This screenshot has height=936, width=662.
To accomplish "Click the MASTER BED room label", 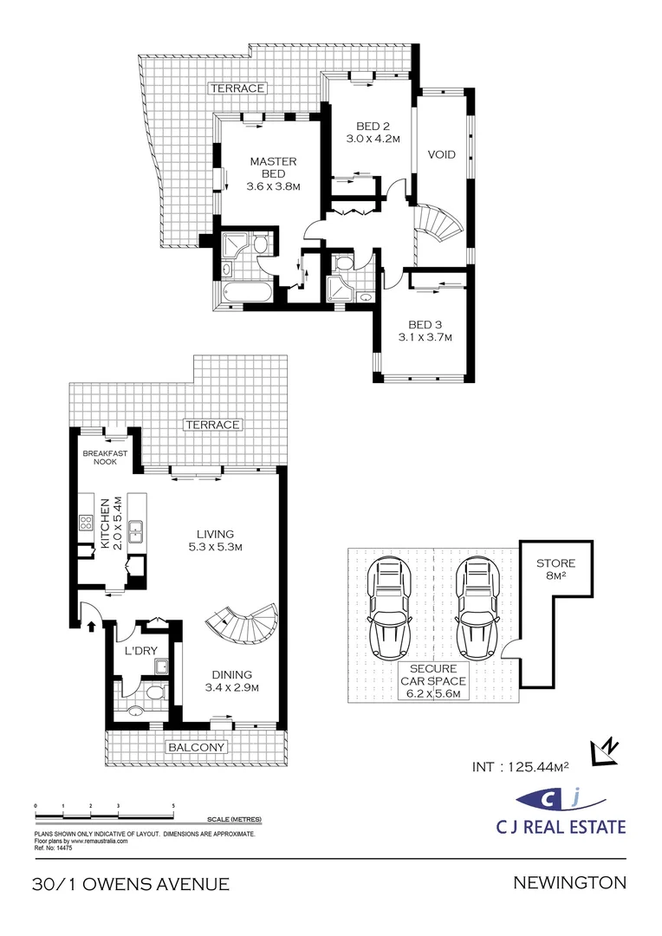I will (273, 167).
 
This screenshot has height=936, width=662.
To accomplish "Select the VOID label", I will (442, 155).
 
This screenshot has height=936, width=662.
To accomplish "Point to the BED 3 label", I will (425, 325).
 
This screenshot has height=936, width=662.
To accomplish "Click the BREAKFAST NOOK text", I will (104, 457).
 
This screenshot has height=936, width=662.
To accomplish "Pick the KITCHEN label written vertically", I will (106, 523).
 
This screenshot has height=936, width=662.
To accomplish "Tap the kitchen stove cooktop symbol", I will (87, 523).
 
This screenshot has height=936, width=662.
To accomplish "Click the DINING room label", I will (230, 675).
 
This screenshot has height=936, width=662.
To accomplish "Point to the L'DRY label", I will (139, 650).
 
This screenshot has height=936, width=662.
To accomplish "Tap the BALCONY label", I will (197, 746).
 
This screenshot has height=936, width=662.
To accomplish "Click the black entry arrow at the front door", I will (89, 626).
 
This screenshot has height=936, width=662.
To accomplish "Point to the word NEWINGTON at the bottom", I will (569, 883).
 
